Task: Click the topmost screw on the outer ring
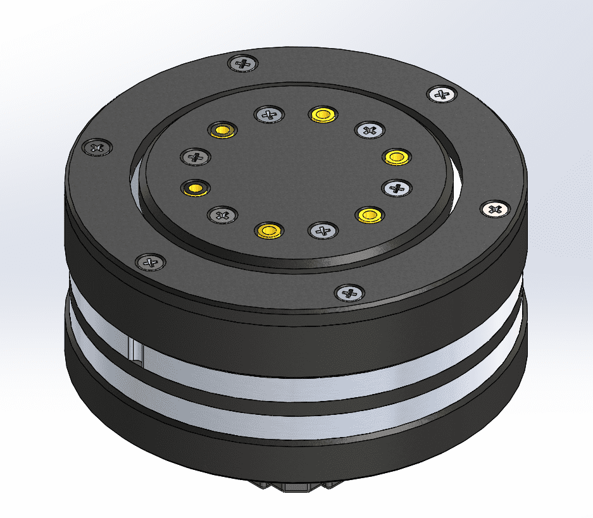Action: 243,63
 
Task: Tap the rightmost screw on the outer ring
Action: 496,209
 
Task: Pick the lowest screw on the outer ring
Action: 349,292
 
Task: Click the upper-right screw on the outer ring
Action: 442,95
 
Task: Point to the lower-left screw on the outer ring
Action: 151,261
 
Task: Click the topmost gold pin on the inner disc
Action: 322,114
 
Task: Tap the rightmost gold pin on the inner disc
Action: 396,156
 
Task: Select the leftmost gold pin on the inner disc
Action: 196,187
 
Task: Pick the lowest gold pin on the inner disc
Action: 268,230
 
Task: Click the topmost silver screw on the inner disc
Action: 268,115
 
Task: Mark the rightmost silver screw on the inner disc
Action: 397,187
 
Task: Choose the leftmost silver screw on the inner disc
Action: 196,156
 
